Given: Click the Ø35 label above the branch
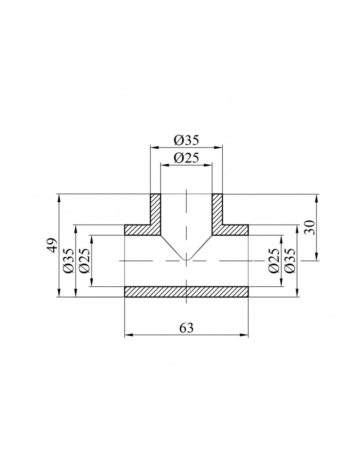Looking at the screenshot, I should (186, 140).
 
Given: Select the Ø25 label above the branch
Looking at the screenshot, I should (186, 158).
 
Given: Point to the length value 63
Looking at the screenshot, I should (186, 328).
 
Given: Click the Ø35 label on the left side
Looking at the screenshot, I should (69, 261).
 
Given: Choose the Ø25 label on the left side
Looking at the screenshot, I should (85, 261).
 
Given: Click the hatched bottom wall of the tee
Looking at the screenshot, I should (186, 291).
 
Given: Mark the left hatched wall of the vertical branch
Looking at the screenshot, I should (155, 209).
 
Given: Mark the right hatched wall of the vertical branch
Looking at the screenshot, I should (217, 209).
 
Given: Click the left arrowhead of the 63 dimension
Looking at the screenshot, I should (127, 334).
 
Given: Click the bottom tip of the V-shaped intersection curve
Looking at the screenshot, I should (186, 260).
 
